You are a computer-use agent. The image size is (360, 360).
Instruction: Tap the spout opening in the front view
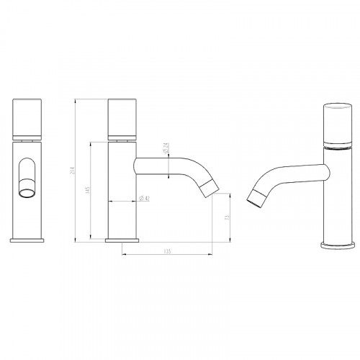[x=28, y=192]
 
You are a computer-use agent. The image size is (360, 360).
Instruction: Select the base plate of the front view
[x=28, y=238]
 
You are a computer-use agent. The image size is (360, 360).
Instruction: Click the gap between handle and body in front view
[x=28, y=137]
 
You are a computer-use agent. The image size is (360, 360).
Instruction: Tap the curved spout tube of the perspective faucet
[x=288, y=171]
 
